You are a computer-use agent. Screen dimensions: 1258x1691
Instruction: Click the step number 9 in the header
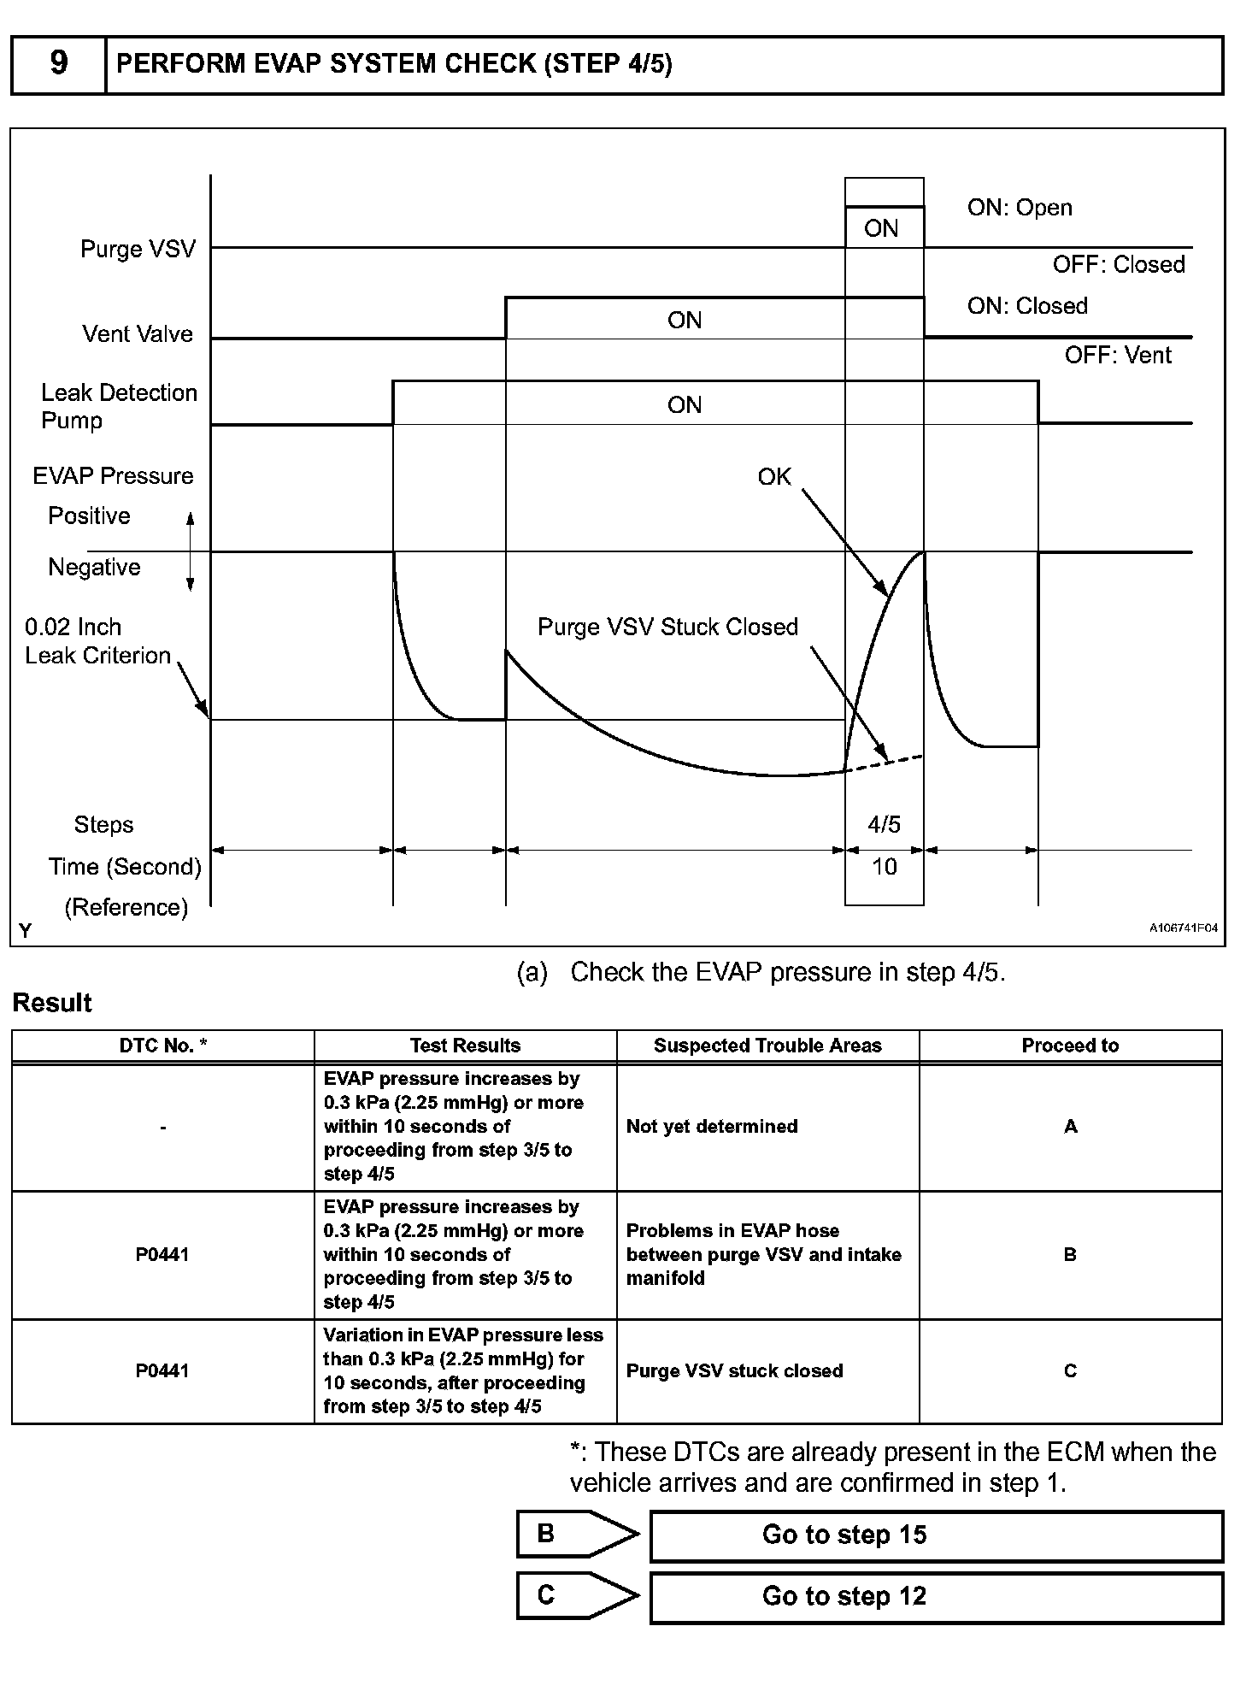pos(58,64)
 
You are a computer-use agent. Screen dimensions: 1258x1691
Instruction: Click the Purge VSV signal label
pos(138,249)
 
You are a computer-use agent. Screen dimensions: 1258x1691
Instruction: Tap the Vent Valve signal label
pos(138,333)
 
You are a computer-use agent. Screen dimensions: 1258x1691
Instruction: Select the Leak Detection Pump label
pos(118,406)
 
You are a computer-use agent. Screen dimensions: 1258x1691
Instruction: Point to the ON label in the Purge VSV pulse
pos(881,228)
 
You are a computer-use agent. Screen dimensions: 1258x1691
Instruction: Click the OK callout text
pos(774,477)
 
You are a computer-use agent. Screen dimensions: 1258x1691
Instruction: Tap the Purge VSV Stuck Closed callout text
pos(667,627)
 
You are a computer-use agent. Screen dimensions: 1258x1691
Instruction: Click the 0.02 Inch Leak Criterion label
pos(97,641)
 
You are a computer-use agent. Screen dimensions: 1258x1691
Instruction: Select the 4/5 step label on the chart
pos(884,824)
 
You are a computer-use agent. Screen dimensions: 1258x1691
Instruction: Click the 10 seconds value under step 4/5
pos(884,867)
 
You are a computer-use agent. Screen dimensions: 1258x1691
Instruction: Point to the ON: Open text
pos(1019,208)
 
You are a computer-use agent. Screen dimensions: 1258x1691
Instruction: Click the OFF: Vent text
pos(1117,355)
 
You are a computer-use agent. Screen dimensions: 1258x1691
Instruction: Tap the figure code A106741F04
pos(1183,928)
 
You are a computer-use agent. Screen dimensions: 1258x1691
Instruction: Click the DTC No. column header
pos(162,1046)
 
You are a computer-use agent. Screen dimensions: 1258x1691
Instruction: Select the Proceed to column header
pos(1070,1046)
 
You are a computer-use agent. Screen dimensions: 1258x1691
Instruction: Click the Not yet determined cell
pos(712,1126)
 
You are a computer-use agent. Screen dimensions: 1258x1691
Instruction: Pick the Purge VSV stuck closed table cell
pos(734,1370)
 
